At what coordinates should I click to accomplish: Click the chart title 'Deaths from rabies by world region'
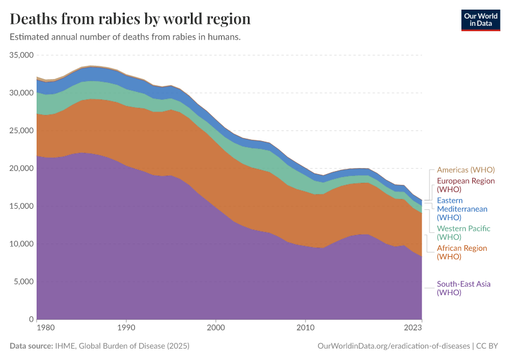tap(130, 19)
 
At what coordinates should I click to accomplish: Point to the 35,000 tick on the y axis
tap(22, 55)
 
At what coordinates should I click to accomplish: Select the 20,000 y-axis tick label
tap(22, 169)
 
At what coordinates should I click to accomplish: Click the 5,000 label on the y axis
tap(24, 282)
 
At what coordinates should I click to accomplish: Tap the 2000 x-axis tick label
tap(216, 328)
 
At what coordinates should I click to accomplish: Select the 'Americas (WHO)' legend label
tap(465, 170)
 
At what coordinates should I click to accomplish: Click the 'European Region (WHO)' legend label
tap(466, 185)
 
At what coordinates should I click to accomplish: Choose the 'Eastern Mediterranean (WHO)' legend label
tap(462, 209)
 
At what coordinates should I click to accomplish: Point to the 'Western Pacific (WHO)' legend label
tap(463, 233)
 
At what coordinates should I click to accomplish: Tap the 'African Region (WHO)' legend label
tap(461, 253)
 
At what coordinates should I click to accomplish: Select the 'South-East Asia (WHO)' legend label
tap(463, 288)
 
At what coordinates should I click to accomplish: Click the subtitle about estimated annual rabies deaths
tap(125, 37)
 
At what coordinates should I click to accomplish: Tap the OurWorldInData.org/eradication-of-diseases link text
tap(393, 346)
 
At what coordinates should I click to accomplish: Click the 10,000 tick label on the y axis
tap(22, 244)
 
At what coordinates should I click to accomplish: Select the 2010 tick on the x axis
tap(306, 328)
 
